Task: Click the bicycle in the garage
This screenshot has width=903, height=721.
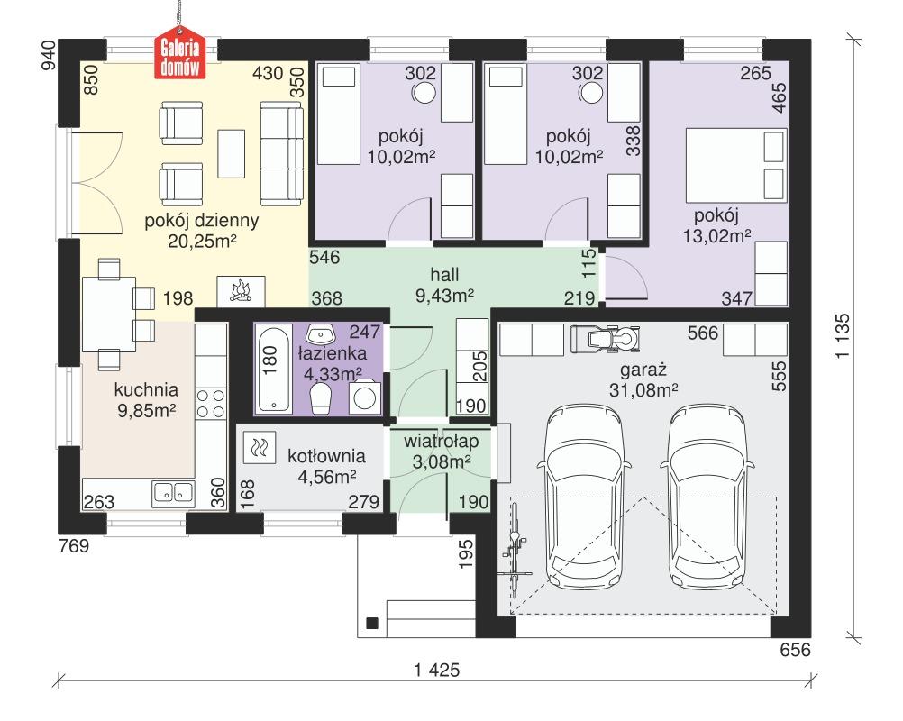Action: point(516,547)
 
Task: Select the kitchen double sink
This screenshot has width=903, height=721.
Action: point(174,491)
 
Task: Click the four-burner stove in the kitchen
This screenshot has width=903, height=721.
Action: point(210,403)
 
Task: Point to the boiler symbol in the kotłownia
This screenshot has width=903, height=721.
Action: point(259,446)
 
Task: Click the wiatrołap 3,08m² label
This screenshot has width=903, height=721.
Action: point(439,452)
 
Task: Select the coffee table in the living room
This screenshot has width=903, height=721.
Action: point(233,154)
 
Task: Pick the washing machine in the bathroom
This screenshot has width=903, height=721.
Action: point(365,397)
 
